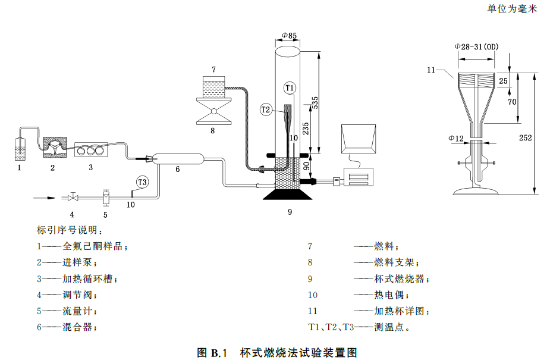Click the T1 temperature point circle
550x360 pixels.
[290, 88]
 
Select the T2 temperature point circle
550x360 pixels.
[266, 109]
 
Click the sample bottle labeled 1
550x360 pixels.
[20, 150]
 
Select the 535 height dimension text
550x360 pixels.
[316, 102]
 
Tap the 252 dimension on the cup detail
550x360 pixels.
[524, 137]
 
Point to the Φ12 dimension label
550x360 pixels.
[456, 139]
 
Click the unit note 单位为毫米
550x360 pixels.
[512, 8]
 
